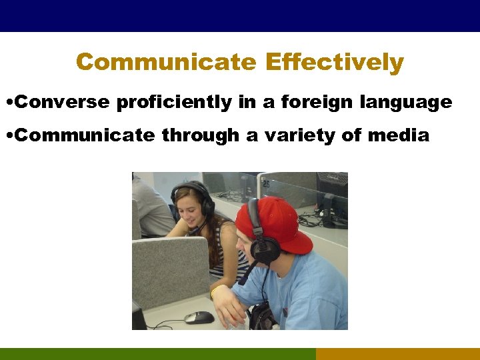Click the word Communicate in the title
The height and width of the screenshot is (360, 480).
[x=165, y=62]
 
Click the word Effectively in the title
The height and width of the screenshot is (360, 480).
[x=334, y=62]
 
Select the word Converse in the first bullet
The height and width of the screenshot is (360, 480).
[x=63, y=102]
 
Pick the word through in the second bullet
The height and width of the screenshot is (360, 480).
[x=200, y=135]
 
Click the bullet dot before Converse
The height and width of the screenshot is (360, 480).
[x=7, y=103]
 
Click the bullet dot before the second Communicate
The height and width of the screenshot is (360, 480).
[x=7, y=136]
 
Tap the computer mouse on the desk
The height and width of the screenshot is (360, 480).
[x=198, y=317]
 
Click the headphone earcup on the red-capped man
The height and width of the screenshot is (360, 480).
[x=264, y=248]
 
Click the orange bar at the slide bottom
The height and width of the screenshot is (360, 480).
[x=397, y=353]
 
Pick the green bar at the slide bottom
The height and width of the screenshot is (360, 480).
[x=157, y=353]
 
